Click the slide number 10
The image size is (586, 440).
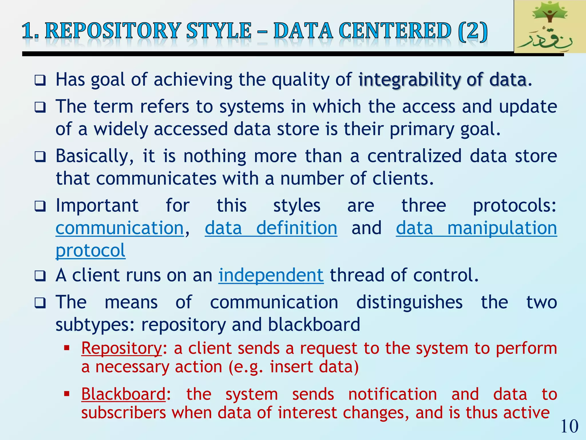click(x=569, y=426)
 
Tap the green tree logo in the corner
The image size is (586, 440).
click(x=549, y=26)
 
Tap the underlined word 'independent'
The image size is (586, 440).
click(x=271, y=275)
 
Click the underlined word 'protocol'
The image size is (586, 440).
click(x=90, y=250)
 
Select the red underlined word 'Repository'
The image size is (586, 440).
click(x=122, y=348)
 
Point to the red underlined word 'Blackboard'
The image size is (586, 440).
click(x=123, y=394)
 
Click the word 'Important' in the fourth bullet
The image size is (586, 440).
click(x=97, y=206)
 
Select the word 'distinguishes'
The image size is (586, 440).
click(x=409, y=302)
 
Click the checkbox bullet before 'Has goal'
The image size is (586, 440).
click(x=40, y=80)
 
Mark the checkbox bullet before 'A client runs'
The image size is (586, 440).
click(x=40, y=276)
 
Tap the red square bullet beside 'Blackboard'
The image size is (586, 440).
click(x=67, y=394)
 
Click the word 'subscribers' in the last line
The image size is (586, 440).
click(x=124, y=413)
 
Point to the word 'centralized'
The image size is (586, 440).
click(x=414, y=156)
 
